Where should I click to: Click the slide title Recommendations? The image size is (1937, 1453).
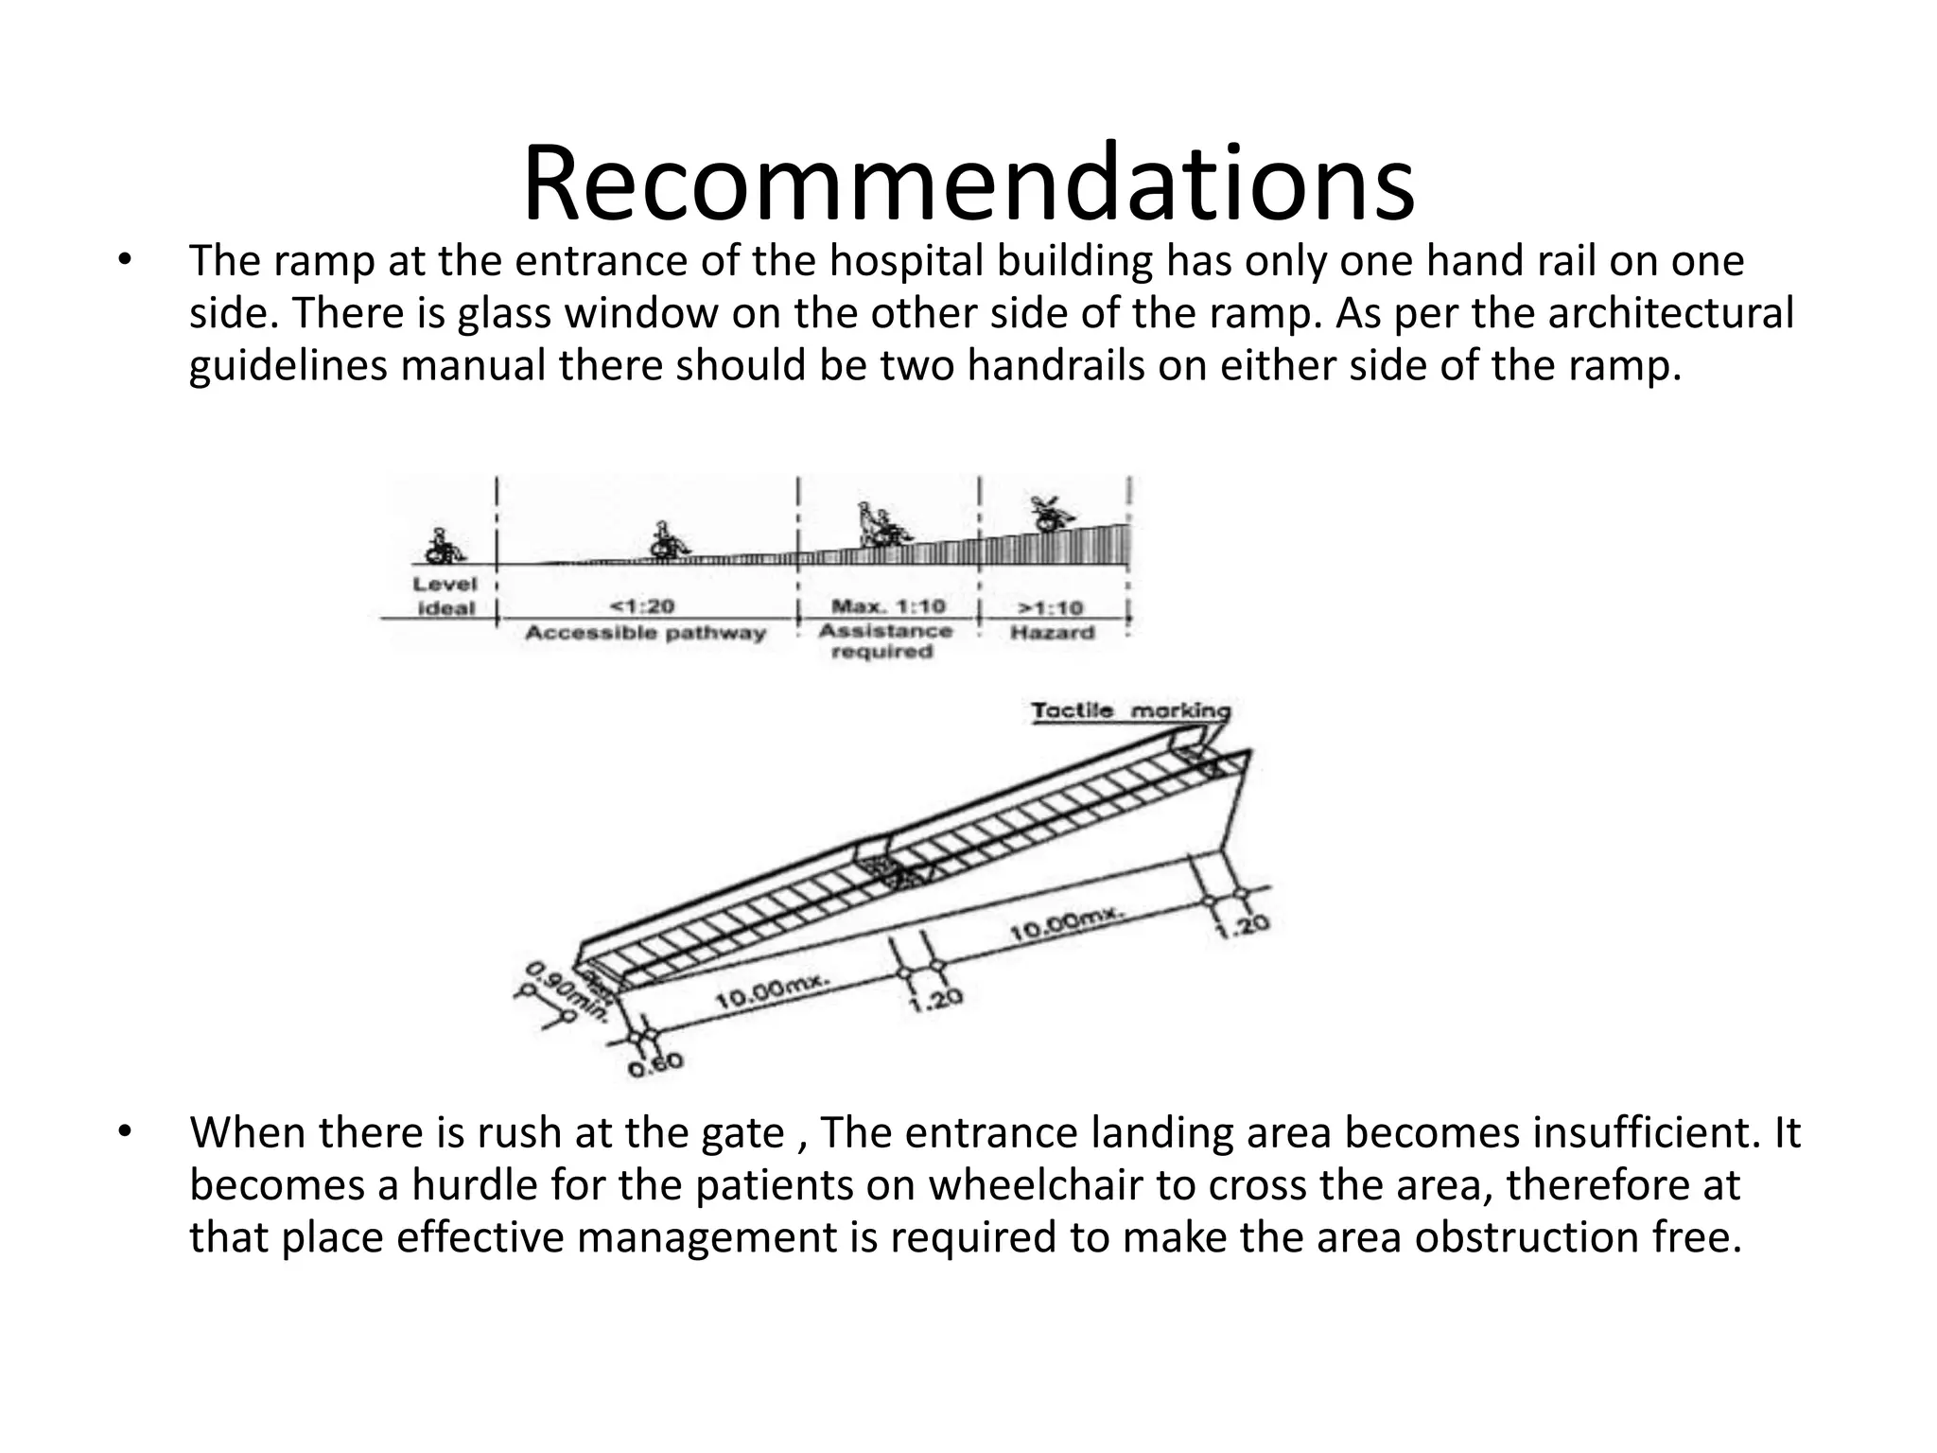coord(968,182)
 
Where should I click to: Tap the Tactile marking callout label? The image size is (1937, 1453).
coord(1130,710)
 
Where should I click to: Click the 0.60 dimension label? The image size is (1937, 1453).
coord(654,1065)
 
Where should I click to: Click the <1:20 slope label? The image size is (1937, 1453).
coord(643,606)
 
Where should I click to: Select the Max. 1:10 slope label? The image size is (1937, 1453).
coord(887,605)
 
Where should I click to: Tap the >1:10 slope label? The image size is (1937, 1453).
coord(1051,607)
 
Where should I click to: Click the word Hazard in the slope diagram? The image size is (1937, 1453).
coord(1052,632)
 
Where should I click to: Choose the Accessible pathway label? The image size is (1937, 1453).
coord(645,632)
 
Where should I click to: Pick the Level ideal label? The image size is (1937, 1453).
coord(445,596)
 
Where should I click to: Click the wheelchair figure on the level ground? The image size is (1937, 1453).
coord(441,546)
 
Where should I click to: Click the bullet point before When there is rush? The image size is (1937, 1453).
coord(123,1132)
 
